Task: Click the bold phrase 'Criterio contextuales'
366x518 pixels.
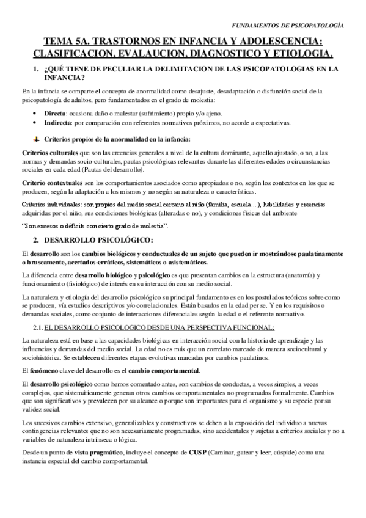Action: tap(51, 183)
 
